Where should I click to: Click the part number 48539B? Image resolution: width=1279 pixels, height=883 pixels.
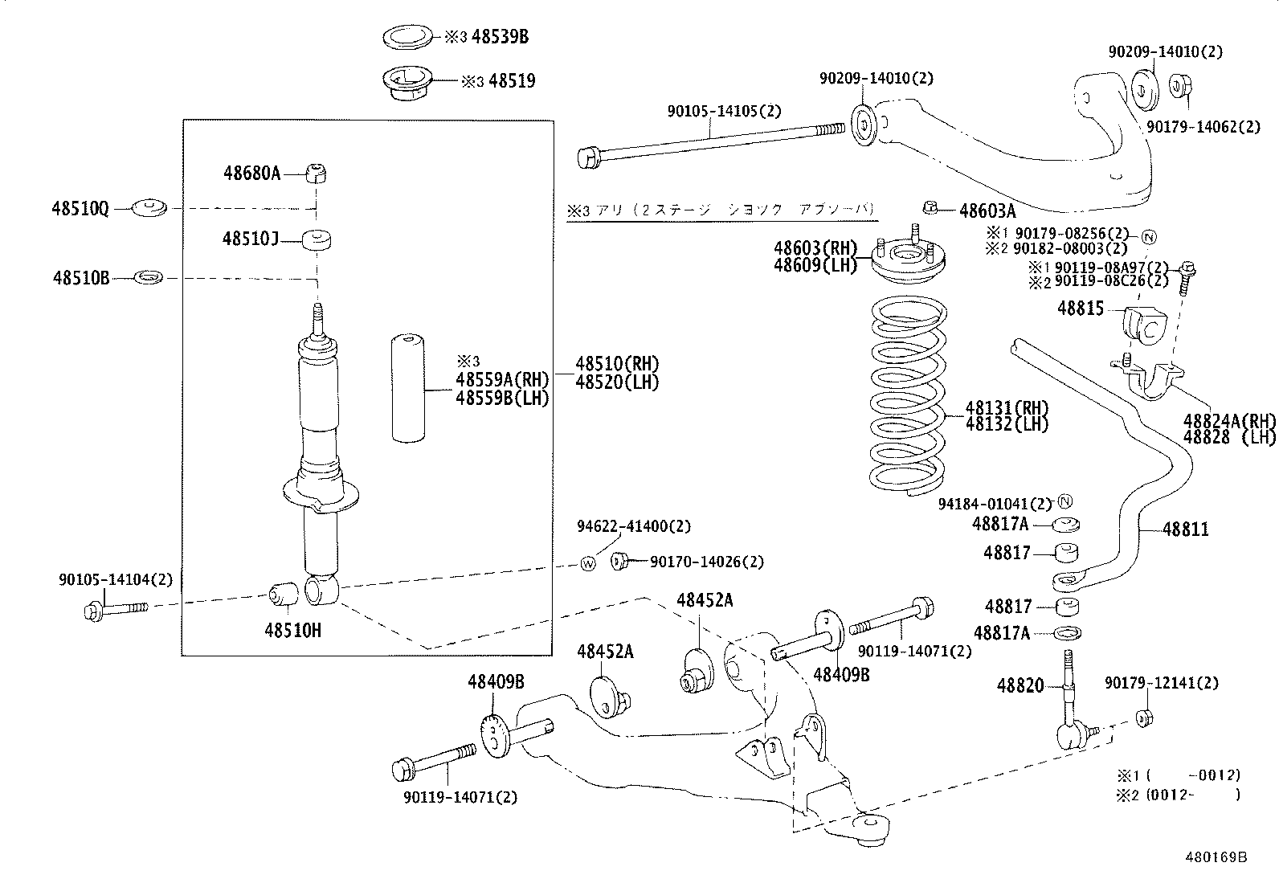[500, 36]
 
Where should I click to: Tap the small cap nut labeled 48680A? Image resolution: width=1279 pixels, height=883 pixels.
[318, 173]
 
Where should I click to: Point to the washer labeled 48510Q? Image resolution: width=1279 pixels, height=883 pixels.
[149, 208]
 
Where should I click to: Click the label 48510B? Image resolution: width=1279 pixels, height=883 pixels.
[80, 278]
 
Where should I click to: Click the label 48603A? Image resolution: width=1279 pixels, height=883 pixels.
[987, 211]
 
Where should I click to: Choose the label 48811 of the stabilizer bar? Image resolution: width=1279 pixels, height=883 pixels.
[1185, 529]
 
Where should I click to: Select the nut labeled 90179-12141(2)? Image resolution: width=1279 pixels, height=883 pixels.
[1145, 717]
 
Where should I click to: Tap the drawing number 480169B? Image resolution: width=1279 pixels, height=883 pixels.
[1215, 857]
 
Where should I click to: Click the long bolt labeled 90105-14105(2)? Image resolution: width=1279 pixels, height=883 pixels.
[707, 141]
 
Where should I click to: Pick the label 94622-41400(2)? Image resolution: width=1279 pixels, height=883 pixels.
[633, 526]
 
